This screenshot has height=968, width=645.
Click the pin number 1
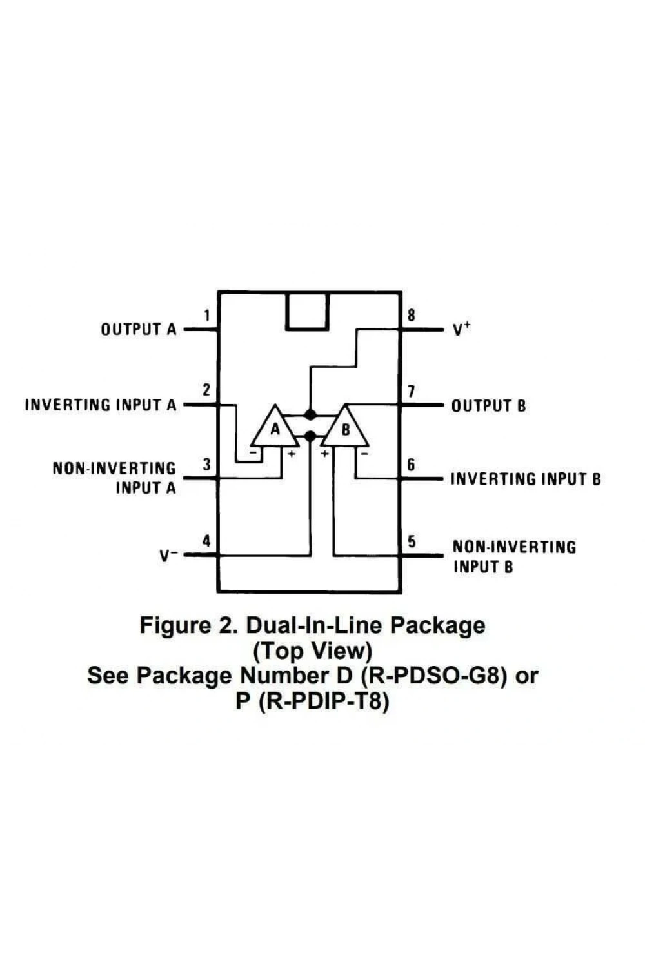pos(208,316)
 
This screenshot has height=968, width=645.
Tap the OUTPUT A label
pos(139,329)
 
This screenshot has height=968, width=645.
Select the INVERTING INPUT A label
pos(101,405)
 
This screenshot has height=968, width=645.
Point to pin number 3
pos(206,465)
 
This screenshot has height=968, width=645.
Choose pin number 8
pos(412,316)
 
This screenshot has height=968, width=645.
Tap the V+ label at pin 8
pos(461,330)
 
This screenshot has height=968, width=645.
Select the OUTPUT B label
pos(489,406)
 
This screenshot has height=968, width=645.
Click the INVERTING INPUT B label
pos(526,479)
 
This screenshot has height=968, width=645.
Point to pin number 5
pos(412,541)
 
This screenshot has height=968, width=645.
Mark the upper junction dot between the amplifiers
pos(310,415)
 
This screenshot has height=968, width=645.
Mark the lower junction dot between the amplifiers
pos(310,436)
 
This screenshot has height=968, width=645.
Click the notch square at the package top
pos(307,312)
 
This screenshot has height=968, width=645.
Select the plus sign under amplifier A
pos(292,454)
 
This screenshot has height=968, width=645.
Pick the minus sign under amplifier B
pos(364,454)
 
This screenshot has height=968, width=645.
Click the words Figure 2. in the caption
pos(188,625)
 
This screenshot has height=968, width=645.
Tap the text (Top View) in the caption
pos(312,650)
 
